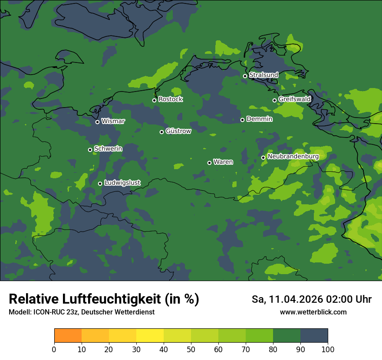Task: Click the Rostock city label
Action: click(x=171, y=99)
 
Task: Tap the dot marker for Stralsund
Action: click(x=245, y=76)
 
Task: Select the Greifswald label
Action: click(x=295, y=99)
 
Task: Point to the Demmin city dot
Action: click(x=242, y=120)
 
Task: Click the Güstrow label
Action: click(x=178, y=131)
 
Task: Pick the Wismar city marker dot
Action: click(x=97, y=122)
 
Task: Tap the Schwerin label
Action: click(x=108, y=149)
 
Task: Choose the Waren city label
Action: click(x=223, y=162)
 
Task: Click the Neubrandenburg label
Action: click(x=293, y=157)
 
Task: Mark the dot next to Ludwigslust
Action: click(x=100, y=183)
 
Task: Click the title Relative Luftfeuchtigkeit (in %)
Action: click(x=104, y=299)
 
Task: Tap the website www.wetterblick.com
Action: click(x=313, y=312)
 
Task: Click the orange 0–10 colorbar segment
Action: click(x=68, y=336)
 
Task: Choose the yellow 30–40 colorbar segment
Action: click(x=150, y=336)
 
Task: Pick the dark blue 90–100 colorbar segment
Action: click(x=314, y=336)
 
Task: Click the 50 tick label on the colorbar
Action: click(x=191, y=349)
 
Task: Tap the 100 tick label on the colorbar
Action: click(x=328, y=349)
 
